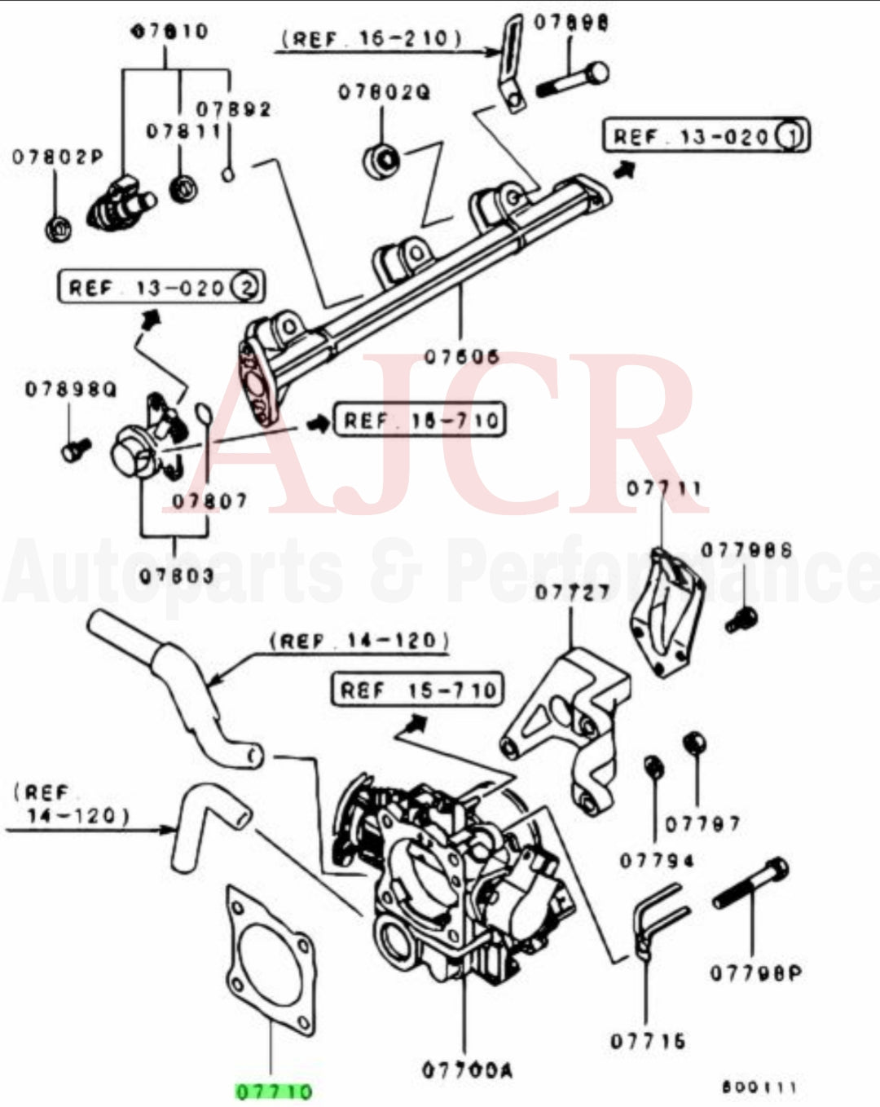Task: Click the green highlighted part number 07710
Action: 274,1091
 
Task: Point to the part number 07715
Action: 648,1041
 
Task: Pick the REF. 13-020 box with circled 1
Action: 706,135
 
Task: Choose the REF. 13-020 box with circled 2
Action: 161,287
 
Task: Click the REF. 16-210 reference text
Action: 371,38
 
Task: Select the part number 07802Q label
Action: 384,91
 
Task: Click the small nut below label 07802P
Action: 57,228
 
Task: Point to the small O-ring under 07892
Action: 229,173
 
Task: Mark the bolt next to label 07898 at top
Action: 572,80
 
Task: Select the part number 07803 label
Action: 175,576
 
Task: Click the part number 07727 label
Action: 572,592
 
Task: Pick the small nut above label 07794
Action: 653,767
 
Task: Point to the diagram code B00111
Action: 759,1087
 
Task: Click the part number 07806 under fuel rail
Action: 461,356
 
